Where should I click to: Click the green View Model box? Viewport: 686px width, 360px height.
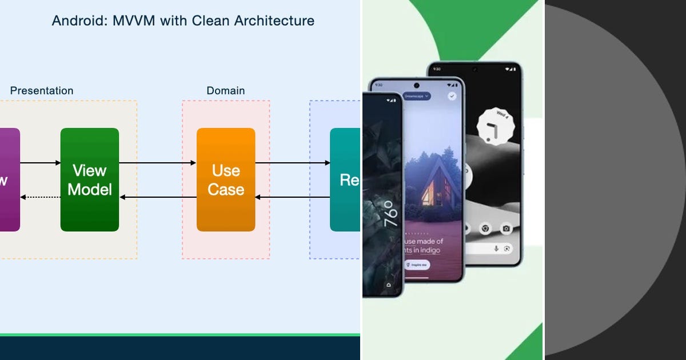pos(90,179)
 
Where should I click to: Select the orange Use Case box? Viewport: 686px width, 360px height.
pos(226,179)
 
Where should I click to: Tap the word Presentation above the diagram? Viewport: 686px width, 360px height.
pos(42,91)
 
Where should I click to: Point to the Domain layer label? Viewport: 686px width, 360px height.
pos(226,91)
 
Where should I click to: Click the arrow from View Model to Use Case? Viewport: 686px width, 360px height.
pos(158,163)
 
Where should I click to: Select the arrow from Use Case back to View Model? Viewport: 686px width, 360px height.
pos(158,197)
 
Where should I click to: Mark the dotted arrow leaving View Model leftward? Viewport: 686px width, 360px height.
pos(40,197)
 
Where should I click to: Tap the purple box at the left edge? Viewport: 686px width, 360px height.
pos(8,179)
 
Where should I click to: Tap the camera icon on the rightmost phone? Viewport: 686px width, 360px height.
pos(505,229)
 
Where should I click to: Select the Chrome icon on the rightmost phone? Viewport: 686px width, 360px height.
pos(485,229)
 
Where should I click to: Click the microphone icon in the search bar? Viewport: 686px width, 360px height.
pos(496,249)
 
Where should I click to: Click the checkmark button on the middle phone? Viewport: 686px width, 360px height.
pos(452,96)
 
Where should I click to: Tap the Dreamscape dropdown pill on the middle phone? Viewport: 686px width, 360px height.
pos(417,97)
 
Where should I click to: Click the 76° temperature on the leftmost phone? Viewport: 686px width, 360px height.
pos(388,214)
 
